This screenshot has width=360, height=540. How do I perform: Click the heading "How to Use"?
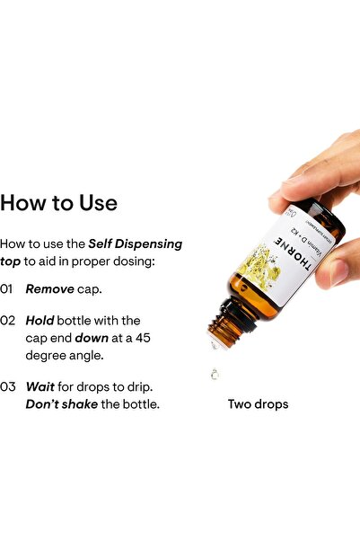pyautogui.click(x=59, y=203)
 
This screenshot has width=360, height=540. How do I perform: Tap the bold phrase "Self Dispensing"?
pyautogui.click(x=135, y=243)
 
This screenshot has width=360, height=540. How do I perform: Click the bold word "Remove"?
pyautogui.click(x=49, y=289)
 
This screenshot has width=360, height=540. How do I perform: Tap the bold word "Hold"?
pyautogui.click(x=40, y=320)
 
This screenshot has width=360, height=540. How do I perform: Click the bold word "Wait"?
pyautogui.click(x=40, y=386)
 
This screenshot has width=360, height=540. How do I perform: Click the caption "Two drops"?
pyautogui.click(x=258, y=404)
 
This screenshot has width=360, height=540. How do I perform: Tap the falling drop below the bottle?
pyautogui.click(x=215, y=374)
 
